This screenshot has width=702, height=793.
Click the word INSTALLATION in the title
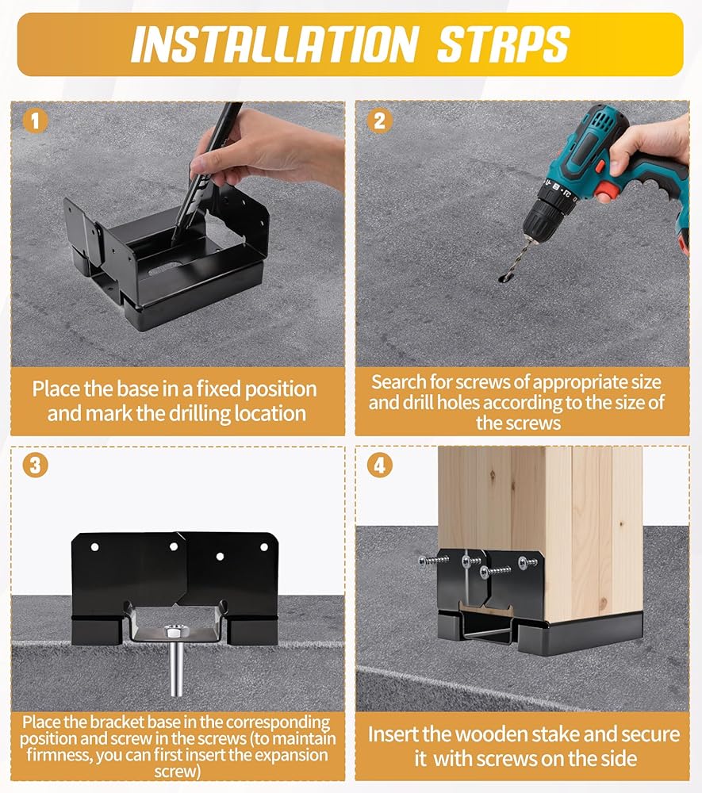pos(274,44)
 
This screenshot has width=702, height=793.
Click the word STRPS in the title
pos(503,44)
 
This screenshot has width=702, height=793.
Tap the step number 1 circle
pos(35,121)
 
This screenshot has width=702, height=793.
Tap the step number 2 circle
pos(380,121)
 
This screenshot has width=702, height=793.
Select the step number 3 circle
pos(35,465)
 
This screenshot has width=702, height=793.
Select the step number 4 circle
pos(380,465)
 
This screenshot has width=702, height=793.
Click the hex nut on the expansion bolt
pos(174,632)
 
